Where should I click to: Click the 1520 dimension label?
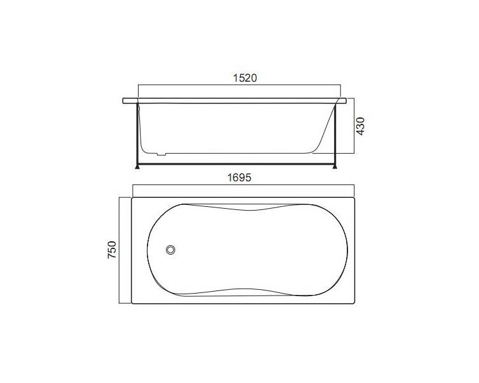click(245, 78)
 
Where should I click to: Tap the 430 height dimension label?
click(360, 126)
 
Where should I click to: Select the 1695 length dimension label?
click(240, 177)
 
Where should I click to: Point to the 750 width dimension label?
click(112, 250)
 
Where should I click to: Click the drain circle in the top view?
click(171, 250)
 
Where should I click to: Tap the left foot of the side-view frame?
click(137, 167)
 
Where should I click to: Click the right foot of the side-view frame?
click(335, 167)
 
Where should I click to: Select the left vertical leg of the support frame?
click(137, 135)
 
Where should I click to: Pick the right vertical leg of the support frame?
click(335, 135)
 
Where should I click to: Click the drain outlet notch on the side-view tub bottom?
click(162, 154)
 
